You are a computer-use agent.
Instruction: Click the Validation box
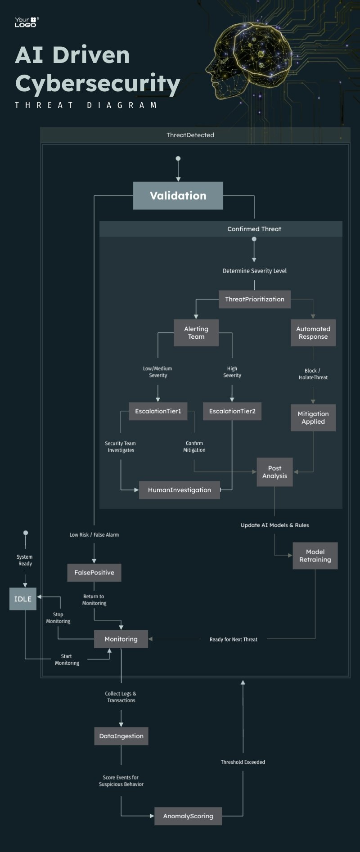coord(178,196)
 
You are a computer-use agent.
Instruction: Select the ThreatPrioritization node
coord(255,299)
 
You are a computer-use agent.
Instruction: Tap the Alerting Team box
coord(196,333)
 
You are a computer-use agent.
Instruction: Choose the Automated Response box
coord(313,333)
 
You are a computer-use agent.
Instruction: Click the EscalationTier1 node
coord(158,411)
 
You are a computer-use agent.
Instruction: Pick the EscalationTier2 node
coord(232,411)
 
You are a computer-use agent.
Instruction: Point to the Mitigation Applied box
coord(313,418)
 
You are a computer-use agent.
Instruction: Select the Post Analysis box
coord(274,472)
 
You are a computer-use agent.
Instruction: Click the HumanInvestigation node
coord(180,490)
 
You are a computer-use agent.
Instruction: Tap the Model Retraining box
coord(315,556)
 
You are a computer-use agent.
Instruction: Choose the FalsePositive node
coord(94,573)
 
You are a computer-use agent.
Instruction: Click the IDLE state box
coord(23,599)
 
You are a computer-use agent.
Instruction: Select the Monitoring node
coord(121,639)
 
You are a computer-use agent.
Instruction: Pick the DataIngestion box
coord(121,736)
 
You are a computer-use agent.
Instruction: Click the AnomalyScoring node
coord(188,816)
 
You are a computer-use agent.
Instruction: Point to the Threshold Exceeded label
coord(243,762)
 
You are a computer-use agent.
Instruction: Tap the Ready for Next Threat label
coord(234,639)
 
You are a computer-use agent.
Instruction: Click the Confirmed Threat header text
coord(254,229)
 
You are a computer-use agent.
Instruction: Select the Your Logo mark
coord(27,22)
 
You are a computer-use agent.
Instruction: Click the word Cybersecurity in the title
coord(98,84)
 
